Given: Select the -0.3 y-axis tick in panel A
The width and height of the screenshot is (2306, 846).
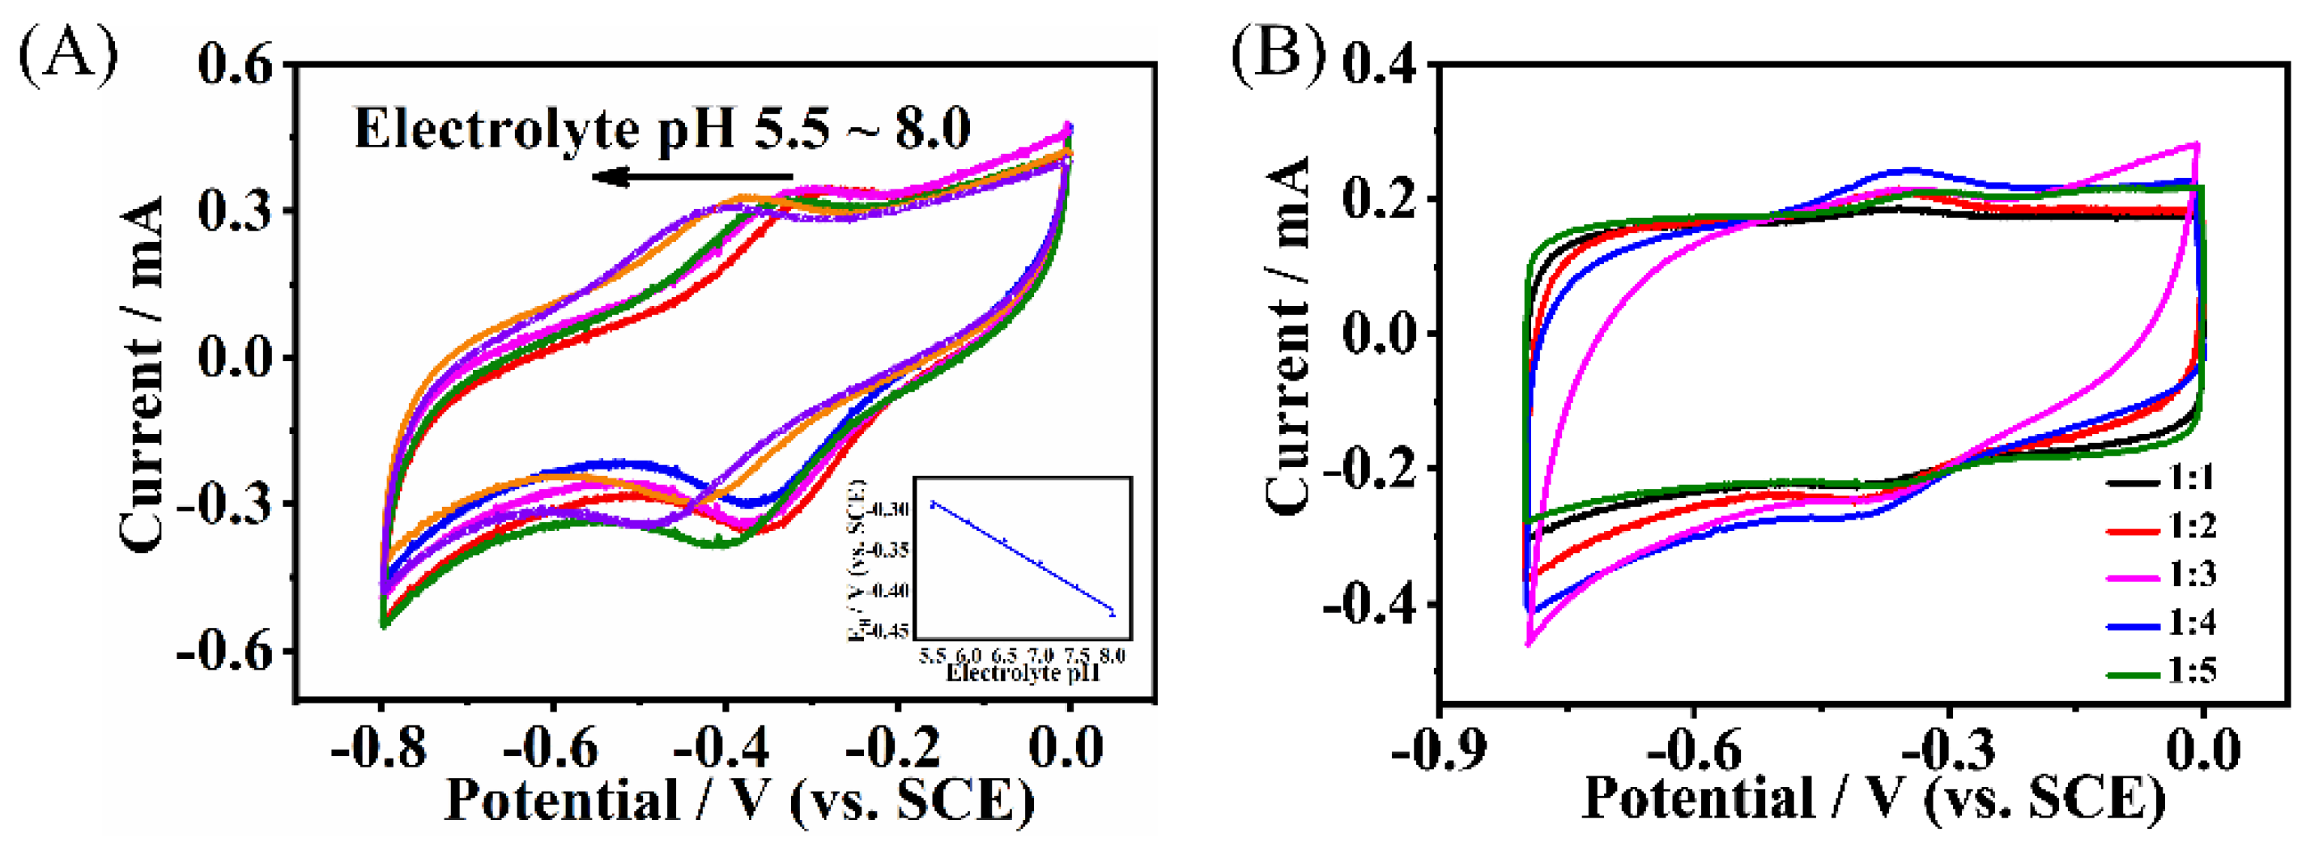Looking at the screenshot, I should coord(223,504).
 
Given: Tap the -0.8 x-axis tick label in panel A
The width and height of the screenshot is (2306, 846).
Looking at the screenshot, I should coord(378,746).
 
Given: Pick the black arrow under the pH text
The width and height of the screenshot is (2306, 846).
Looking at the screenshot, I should coord(693,176).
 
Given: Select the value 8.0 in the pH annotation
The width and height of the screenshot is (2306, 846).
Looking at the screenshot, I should coord(933,130).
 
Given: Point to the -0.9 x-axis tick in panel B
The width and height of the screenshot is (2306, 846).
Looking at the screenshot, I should coord(1438,750).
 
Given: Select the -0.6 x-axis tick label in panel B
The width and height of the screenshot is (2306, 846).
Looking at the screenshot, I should coord(1692,750).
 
